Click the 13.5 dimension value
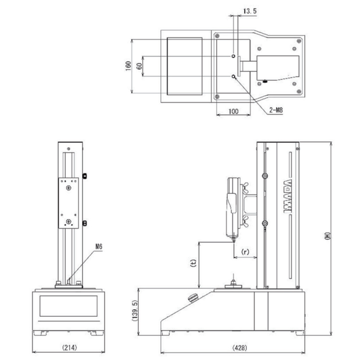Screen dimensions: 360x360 250,11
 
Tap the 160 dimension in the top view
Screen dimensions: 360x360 128,66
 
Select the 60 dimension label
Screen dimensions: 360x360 139,66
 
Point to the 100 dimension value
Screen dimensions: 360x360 233,111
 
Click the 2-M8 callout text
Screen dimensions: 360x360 276,110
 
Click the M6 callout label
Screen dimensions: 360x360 99,247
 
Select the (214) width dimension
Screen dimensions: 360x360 69,348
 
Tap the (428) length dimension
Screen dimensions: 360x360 240,348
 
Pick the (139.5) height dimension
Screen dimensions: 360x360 135,311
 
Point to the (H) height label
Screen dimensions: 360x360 327,236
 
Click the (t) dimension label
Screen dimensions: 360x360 193,263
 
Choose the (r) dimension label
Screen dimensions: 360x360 245,252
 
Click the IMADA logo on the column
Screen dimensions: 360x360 288,196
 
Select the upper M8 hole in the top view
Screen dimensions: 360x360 233,56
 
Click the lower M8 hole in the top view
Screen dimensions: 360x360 233,76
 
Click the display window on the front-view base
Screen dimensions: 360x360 69,306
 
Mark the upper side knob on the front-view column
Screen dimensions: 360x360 84,176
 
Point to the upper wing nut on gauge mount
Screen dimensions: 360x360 245,187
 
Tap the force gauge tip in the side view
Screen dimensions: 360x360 233,240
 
